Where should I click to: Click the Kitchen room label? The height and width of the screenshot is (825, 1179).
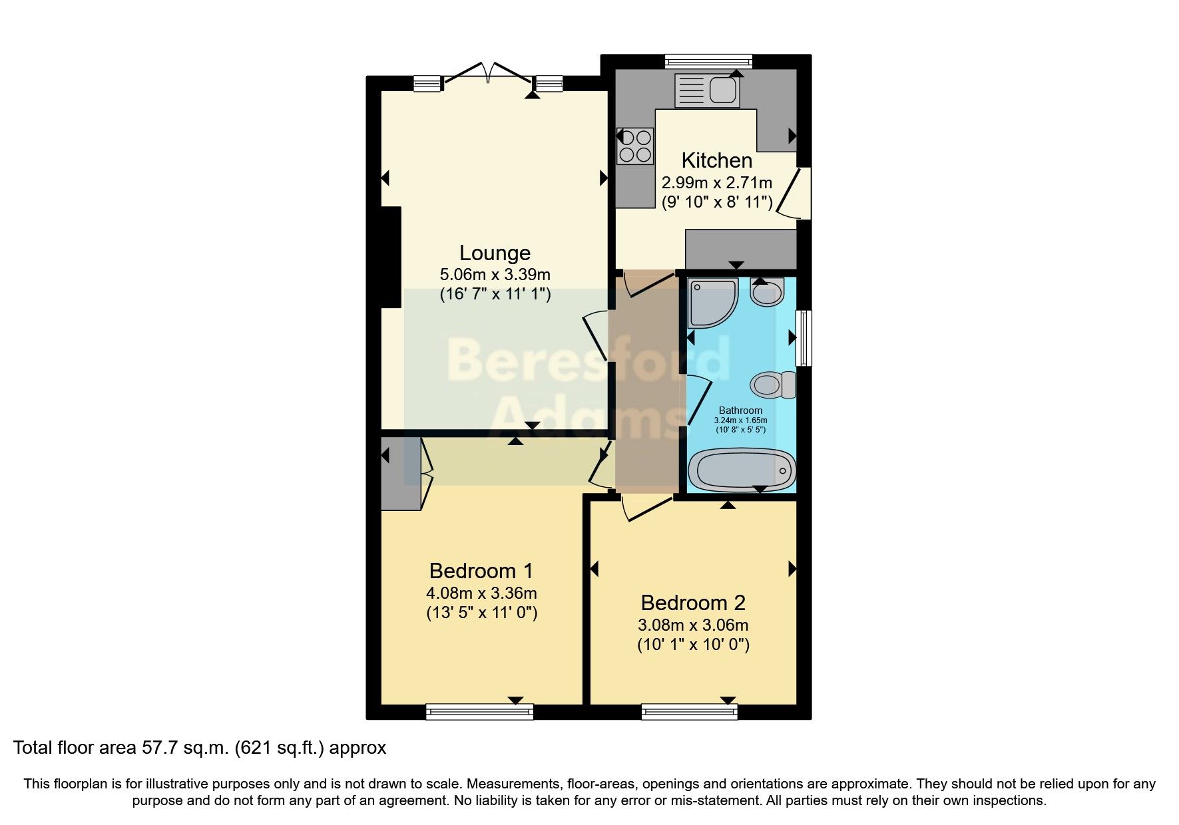tap(716, 160)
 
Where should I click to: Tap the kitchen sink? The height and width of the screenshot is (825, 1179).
tap(707, 90)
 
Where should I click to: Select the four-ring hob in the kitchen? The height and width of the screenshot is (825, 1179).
tap(635, 146)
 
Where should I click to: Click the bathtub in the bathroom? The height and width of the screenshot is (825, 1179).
tap(742, 470)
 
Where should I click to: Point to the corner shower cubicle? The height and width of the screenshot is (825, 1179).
tap(712, 303)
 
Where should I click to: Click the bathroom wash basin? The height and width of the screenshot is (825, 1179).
tap(767, 292)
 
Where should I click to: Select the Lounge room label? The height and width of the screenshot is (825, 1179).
tap(495, 253)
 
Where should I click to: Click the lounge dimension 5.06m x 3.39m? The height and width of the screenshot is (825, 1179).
tap(495, 274)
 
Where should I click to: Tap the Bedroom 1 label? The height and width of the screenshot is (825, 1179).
tap(481, 571)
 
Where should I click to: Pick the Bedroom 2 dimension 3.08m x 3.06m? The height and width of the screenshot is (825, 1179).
tap(693, 625)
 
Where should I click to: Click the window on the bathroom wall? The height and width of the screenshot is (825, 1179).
tap(804, 337)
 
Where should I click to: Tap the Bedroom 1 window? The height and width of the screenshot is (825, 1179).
tap(479, 712)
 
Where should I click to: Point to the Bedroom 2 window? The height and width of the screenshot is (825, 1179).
tap(689, 712)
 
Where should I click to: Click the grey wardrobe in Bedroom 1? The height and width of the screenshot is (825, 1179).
tap(400, 474)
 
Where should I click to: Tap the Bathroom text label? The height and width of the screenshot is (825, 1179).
tap(740, 411)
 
